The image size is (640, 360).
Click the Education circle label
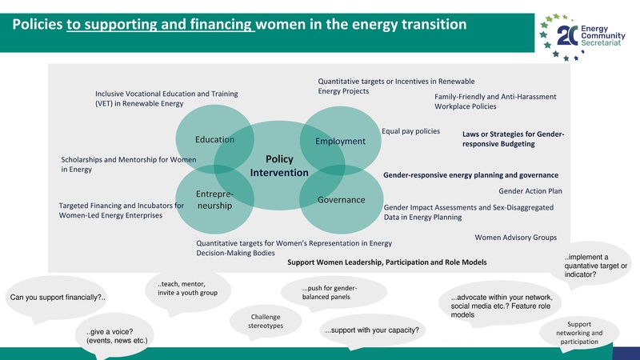tap(214, 140)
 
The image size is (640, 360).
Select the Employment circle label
tap(340, 142)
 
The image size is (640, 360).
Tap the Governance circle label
tap(341, 199)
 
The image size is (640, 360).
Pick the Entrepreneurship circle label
tap(214, 200)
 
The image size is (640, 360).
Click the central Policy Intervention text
tap(278, 166)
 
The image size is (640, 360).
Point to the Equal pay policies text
tap(410, 131)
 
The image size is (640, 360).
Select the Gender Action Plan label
tap(530, 191)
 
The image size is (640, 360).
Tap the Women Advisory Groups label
tap(516, 238)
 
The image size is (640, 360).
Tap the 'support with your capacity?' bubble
tap(371, 330)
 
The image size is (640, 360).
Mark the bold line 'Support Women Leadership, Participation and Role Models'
tap(387, 262)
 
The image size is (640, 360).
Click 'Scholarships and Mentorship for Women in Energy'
tap(128, 165)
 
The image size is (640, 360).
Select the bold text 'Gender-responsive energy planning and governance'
tap(470, 174)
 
